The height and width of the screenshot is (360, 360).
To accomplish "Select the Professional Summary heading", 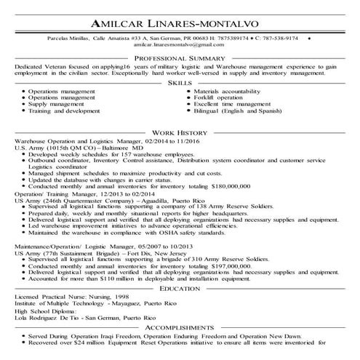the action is tap(180, 57).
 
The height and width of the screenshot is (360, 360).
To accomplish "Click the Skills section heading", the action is tap(180, 84).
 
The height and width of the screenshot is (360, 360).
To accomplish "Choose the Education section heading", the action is tap(180, 288).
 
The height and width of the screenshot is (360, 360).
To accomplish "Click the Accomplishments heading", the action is tap(180, 327).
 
